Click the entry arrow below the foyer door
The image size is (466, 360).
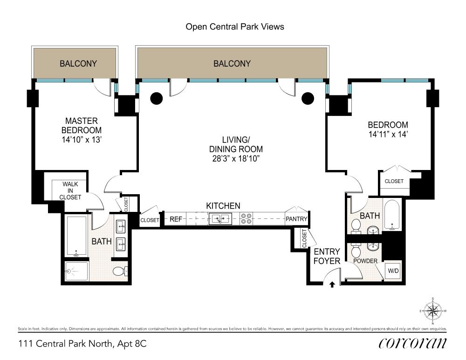click(x=332, y=285)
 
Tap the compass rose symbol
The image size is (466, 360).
click(x=433, y=311)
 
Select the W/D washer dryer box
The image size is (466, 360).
click(x=393, y=271)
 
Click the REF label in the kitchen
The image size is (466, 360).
click(x=176, y=219)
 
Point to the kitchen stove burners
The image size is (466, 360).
click(x=247, y=218)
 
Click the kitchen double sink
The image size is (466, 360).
click(x=220, y=219)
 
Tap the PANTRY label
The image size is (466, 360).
click(x=296, y=219)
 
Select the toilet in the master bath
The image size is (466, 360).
click(x=120, y=271)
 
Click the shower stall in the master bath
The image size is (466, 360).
click(x=76, y=271)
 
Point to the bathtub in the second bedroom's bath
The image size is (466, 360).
click(x=392, y=215)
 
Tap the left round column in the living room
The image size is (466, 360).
click(x=156, y=98)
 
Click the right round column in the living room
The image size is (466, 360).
click(x=308, y=98)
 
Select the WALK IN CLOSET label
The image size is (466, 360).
click(x=70, y=190)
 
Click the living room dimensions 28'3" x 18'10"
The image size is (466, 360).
click(x=236, y=159)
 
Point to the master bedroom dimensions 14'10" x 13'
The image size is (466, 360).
click(x=82, y=140)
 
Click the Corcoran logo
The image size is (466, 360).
click(x=412, y=343)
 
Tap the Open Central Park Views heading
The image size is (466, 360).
click(x=235, y=27)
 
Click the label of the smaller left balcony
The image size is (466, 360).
click(x=78, y=63)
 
